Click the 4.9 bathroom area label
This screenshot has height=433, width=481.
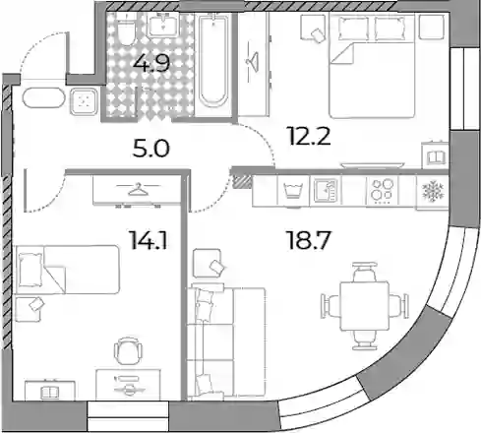[151, 63]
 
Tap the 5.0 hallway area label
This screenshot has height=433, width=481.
[151, 149]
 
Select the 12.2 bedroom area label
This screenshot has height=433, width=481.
[308, 136]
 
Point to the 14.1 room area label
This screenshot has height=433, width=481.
[149, 240]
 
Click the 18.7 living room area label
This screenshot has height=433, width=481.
[308, 240]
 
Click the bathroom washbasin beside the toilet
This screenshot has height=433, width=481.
[163, 25]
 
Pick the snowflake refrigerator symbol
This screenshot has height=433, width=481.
[433, 192]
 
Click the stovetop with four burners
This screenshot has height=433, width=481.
[382, 190]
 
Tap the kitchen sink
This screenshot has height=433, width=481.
[326, 190]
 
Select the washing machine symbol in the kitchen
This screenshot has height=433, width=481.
[293, 192]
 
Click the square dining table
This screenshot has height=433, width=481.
[364, 306]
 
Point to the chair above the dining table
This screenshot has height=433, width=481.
[364, 271]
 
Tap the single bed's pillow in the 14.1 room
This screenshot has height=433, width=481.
[30, 270]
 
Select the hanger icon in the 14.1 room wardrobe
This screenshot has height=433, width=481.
[138, 189]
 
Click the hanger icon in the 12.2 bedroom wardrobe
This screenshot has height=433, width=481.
[253, 61]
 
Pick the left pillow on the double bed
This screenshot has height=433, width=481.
[353, 29]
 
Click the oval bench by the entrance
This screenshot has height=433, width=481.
[43, 97]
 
